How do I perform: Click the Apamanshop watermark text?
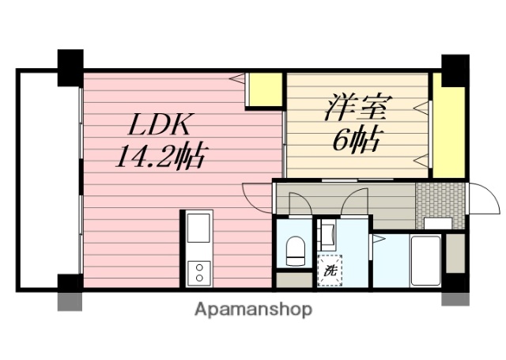coord(253,309)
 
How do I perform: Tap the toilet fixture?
coord(296,251)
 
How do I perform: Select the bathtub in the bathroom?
coord(427,261)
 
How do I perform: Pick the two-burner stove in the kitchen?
coord(198,273)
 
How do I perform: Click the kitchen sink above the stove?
coord(198,229)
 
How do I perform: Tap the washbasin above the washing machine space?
coord(327,236)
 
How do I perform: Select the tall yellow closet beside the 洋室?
coord(448,127)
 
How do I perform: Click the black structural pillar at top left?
coord(70,66)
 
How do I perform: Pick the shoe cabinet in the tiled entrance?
coord(437,223)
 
